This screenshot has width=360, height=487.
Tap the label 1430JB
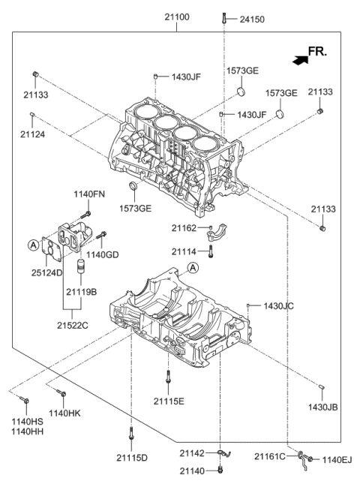point(323,406)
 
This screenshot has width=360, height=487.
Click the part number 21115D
point(132,457)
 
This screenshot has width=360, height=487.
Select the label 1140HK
point(65,412)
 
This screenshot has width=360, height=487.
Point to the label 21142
point(191,453)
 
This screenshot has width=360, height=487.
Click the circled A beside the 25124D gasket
point(32,244)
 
